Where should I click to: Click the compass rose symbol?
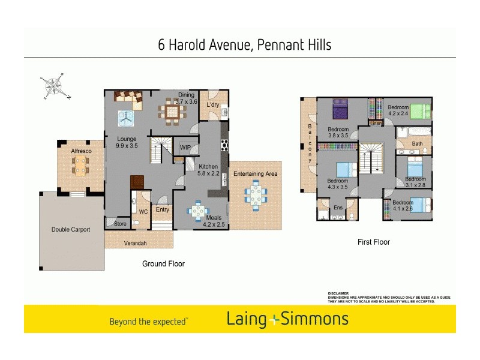click(x=55, y=86)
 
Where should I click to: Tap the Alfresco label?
click(x=81, y=151)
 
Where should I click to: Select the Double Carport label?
click(x=71, y=229)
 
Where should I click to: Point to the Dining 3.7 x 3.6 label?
click(x=186, y=98)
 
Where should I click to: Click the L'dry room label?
click(x=213, y=105)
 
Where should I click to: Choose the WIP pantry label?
click(x=185, y=146)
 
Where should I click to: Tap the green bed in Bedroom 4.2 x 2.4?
click(x=421, y=111)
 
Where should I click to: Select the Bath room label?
click(x=417, y=144)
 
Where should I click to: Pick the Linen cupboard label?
click(x=376, y=124)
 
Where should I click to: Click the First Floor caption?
click(x=373, y=242)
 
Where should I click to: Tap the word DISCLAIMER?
click(x=340, y=293)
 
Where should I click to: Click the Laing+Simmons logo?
click(x=287, y=319)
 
